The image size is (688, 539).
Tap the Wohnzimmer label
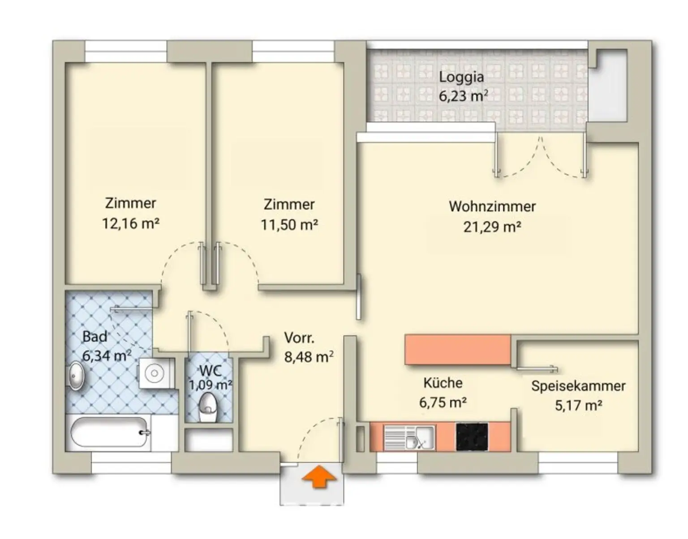pyautogui.click(x=492, y=207)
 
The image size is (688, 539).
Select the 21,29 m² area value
pyautogui.click(x=492, y=227)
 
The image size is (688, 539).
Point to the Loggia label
pyautogui.click(x=461, y=78)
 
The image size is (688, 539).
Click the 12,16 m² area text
pyautogui.click(x=130, y=224)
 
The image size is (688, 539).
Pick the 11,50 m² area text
pyautogui.click(x=289, y=225)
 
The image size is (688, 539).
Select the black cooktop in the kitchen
pyautogui.click(x=472, y=437)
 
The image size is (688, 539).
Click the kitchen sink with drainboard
pyautogui.click(x=409, y=437)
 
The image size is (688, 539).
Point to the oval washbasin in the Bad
pyautogui.click(x=76, y=376)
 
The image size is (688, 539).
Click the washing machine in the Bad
pyautogui.click(x=155, y=373)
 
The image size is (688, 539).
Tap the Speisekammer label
pyautogui.click(x=578, y=386)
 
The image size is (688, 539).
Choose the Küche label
pyautogui.click(x=443, y=383)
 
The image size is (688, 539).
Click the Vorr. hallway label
pyautogui.click(x=299, y=338)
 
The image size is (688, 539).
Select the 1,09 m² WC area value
pyautogui.click(x=211, y=385)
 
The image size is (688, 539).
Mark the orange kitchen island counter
pyautogui.click(x=458, y=349)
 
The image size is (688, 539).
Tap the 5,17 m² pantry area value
pyautogui.click(x=578, y=405)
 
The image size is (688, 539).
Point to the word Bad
pyautogui.click(x=95, y=336)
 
